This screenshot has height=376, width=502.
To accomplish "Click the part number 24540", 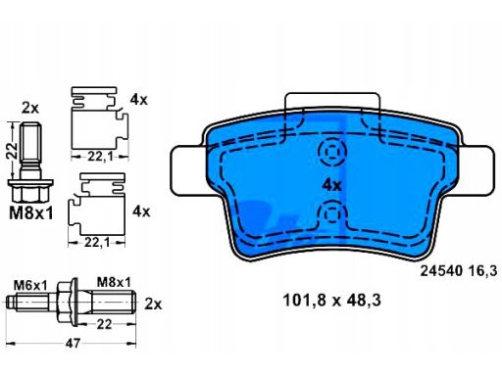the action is (x=441, y=271).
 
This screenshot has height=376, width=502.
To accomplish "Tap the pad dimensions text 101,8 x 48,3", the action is (x=331, y=301).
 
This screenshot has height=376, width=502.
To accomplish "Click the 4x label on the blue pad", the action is (x=331, y=185).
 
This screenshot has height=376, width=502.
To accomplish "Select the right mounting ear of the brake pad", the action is (x=477, y=170).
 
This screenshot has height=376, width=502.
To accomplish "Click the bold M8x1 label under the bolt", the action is (x=31, y=213).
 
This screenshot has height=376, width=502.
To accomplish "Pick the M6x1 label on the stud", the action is (x=30, y=286).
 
